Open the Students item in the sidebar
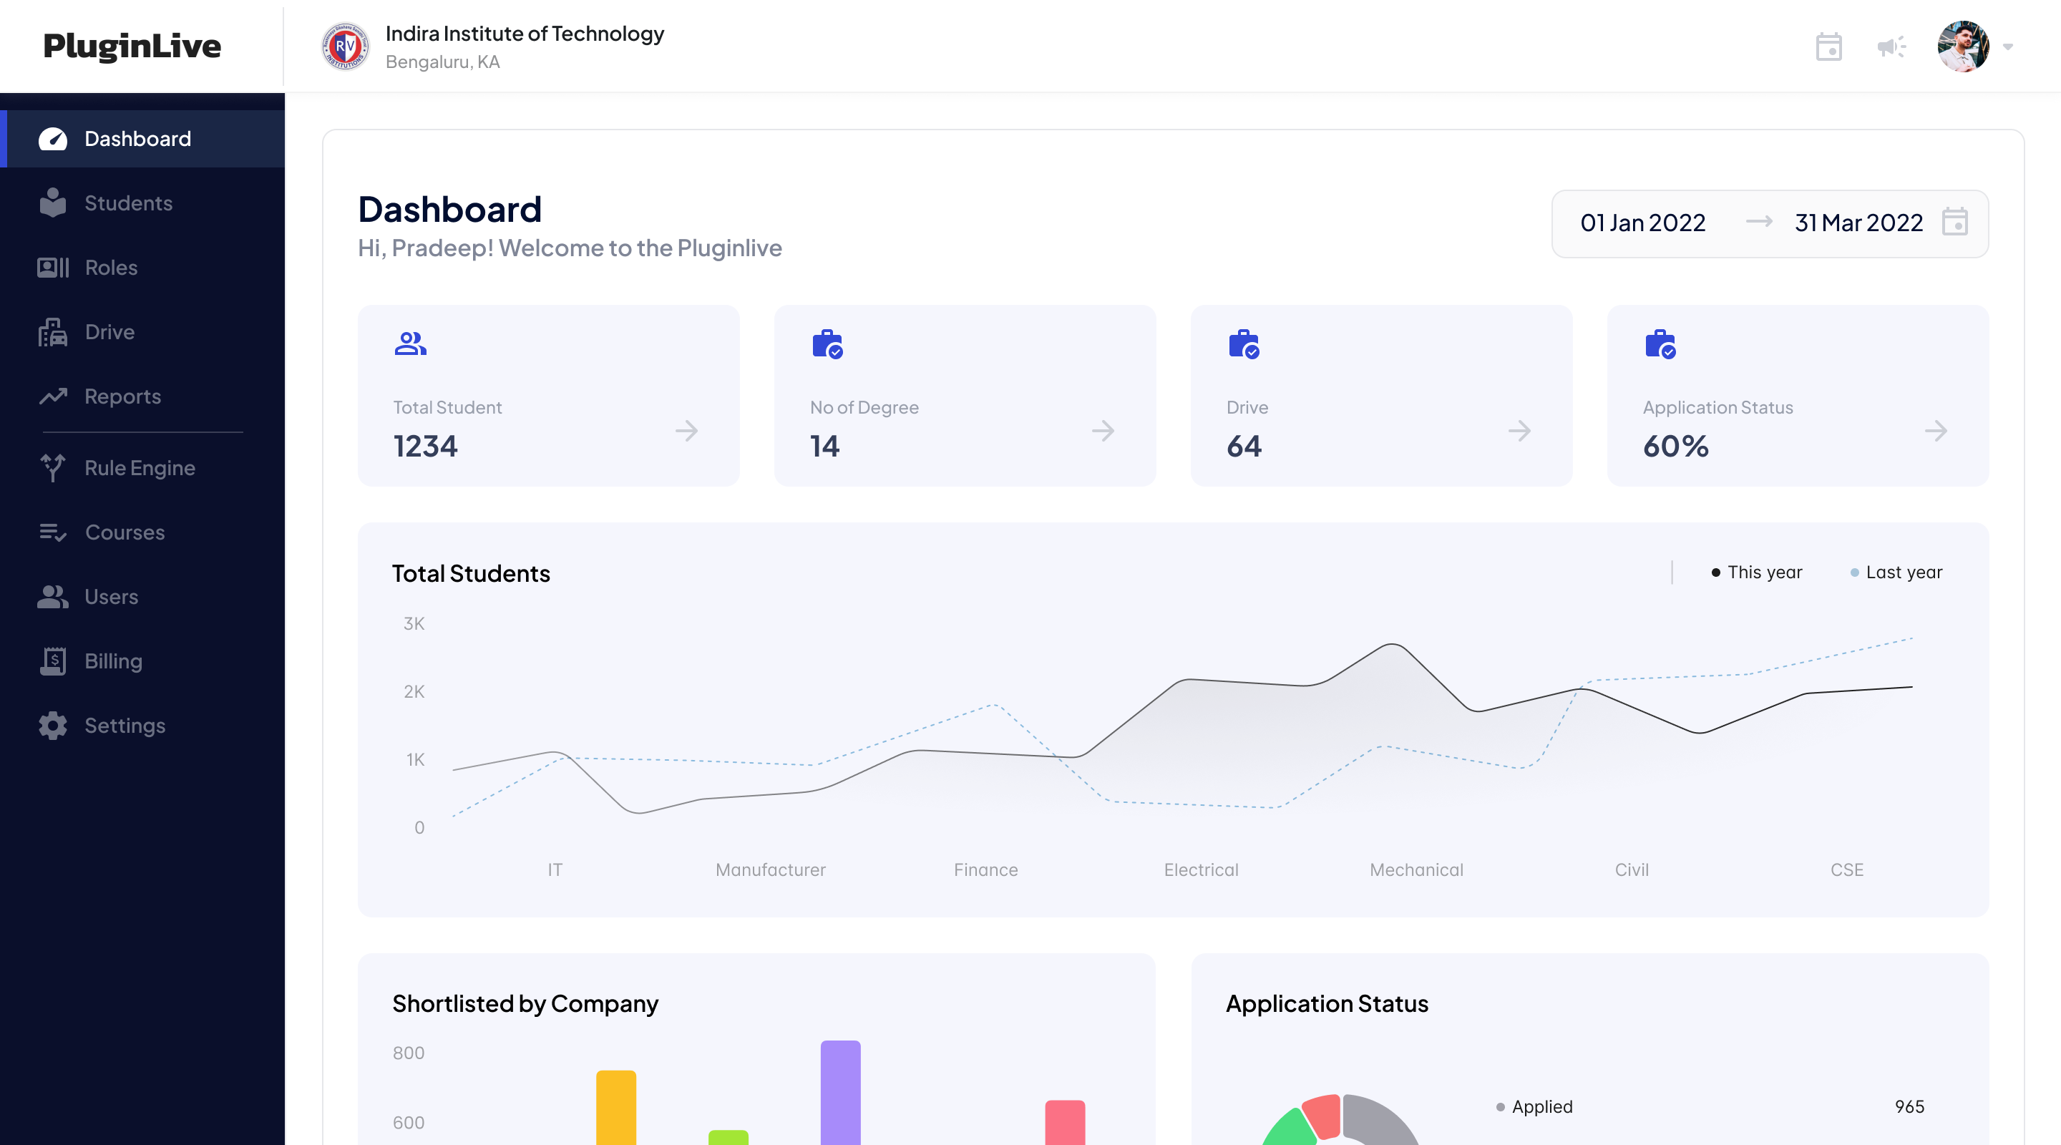(x=128, y=203)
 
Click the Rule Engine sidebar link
(x=140, y=468)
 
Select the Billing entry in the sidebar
(x=113, y=661)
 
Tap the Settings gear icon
(x=53, y=726)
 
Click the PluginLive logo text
(x=132, y=47)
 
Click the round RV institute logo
(x=345, y=47)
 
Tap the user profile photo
(x=1962, y=47)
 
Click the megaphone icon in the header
(x=1891, y=47)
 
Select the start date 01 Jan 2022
(x=1642, y=223)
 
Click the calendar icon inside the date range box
(x=1954, y=223)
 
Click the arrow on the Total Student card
(x=686, y=432)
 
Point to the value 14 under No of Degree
(x=824, y=447)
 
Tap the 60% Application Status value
(x=1675, y=447)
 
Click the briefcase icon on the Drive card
(x=1243, y=344)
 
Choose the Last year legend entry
(x=1903, y=572)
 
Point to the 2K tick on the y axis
(x=414, y=691)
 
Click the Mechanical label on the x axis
(x=1416, y=869)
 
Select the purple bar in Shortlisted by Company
(x=840, y=1092)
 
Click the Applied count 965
(x=1909, y=1106)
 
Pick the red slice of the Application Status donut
(x=1322, y=1116)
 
